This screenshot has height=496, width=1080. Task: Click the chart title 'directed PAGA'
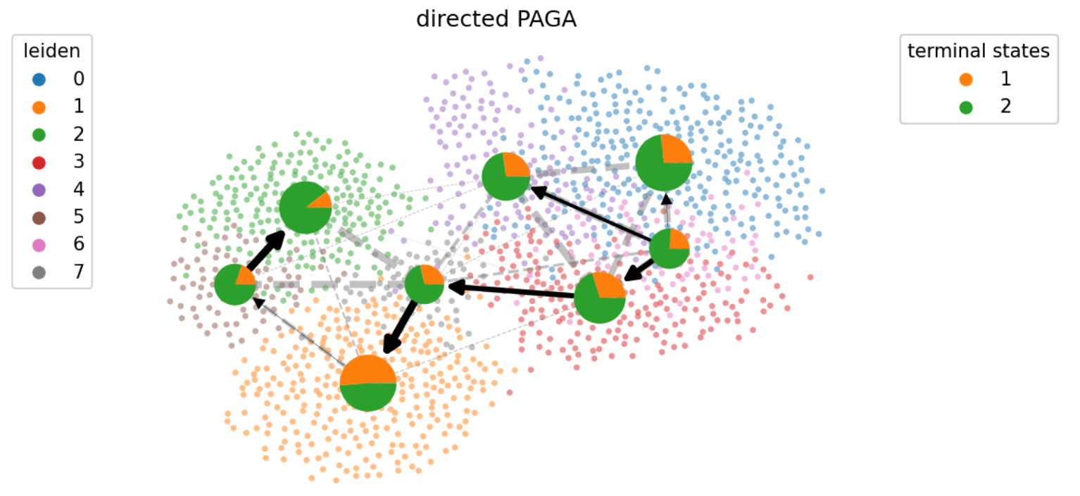point(496,20)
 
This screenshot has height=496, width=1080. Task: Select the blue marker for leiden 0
point(39,79)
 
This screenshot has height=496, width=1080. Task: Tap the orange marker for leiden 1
point(39,107)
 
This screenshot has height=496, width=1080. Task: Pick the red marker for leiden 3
point(39,163)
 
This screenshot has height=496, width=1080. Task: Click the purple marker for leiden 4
point(39,190)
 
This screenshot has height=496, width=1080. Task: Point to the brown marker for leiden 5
point(39,217)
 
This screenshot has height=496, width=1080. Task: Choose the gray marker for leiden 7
point(39,273)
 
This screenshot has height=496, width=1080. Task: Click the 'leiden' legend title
point(51,51)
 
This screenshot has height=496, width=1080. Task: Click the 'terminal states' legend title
point(979,51)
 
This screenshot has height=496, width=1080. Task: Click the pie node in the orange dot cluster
point(368,383)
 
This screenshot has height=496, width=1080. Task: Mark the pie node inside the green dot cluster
point(305,207)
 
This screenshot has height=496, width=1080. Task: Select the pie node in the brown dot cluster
point(235,285)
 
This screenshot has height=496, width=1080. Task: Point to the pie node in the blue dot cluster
point(664,163)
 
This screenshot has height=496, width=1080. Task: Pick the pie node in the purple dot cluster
point(506,177)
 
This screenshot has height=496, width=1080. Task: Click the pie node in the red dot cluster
point(600,298)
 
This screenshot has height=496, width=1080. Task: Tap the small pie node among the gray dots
point(425,284)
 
